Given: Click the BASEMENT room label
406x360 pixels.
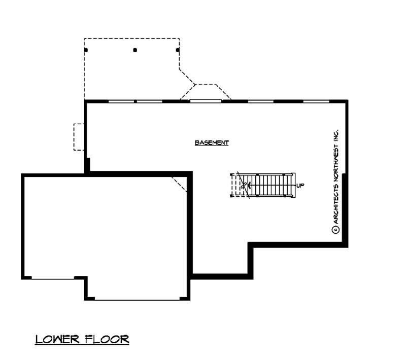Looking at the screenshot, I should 212,143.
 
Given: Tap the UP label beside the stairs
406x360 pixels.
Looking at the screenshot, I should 300,186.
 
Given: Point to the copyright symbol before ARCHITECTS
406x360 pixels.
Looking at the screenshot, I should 335,230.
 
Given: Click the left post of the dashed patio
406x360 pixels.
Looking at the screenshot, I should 86,50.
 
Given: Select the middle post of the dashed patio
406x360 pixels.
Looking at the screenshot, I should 135,50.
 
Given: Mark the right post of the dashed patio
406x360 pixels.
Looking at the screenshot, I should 178,50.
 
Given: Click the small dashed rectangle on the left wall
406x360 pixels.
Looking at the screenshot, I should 79,136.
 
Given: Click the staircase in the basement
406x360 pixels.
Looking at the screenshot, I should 264,185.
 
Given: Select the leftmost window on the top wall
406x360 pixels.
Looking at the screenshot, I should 122,101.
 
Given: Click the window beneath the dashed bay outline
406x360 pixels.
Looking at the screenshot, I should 206,101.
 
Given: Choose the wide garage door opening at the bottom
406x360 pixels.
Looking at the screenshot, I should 137,299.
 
